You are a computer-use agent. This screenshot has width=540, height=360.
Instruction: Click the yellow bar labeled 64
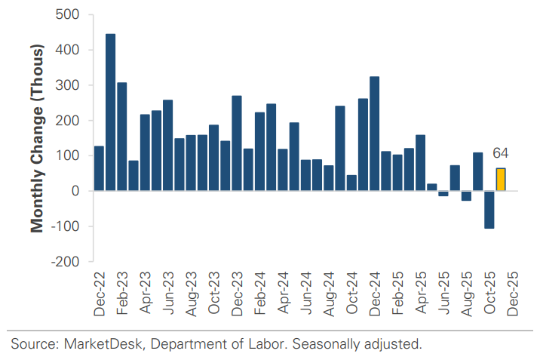[x=500, y=180]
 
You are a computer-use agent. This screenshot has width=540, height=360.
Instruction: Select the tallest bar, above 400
[x=110, y=112]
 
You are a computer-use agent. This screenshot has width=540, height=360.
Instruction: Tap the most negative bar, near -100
[x=489, y=209]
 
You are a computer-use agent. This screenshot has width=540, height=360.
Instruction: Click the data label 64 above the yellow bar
[x=500, y=153]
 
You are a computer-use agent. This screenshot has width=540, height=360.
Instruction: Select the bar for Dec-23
[x=236, y=143]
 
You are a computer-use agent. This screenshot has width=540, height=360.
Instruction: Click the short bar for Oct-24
[x=351, y=183]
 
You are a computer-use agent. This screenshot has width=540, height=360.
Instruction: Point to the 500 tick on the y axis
[x=70, y=15]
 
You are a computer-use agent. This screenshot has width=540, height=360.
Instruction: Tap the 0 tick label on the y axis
[x=76, y=191]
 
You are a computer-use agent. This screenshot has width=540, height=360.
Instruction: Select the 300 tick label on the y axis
[x=70, y=85]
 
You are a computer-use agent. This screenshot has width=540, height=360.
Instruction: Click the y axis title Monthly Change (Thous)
[x=36, y=137]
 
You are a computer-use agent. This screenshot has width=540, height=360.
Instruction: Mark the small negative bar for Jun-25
[x=443, y=193]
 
